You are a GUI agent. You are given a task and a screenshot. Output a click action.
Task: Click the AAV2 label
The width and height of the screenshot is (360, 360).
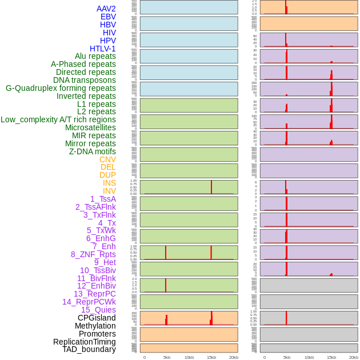coord(106,9)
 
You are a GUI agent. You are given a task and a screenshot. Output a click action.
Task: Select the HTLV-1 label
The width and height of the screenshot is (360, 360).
coord(102,49)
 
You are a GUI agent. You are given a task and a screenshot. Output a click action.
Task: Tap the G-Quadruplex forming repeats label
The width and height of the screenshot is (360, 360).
coord(61,88)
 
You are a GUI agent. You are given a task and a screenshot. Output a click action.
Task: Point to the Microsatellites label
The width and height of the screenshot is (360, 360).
coord(90,127)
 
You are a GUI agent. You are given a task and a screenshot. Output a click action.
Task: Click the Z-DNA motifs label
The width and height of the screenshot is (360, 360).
coord(92,151)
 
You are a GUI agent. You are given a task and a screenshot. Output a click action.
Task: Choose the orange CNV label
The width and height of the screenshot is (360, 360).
coord(107,159)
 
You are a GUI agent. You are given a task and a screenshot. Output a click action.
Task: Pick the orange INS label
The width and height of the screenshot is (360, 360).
coord(109,183)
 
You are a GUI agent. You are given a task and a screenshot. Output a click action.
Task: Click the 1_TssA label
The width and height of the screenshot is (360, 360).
coord(103,199)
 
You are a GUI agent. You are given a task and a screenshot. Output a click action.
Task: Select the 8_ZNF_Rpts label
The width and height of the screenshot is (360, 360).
coord(93,254)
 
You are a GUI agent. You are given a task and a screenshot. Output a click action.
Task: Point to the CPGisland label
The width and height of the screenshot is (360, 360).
coord(97,318)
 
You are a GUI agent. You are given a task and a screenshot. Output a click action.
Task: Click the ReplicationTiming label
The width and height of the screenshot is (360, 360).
coord(85,342)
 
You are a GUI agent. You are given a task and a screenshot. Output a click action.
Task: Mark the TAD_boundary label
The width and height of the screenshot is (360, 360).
coord(89,349)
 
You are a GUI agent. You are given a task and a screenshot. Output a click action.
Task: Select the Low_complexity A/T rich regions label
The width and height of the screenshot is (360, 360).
coord(58,119)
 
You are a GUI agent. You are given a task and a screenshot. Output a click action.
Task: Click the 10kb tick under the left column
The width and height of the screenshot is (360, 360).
coord(189,357)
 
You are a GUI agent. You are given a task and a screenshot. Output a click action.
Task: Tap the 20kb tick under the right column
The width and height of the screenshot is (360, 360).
coord(354,357)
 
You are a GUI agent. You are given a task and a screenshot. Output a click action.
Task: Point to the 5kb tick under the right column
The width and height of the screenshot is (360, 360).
coord(286,357)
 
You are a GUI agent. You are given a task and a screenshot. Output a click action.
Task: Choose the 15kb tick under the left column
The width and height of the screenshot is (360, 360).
coord(211,357)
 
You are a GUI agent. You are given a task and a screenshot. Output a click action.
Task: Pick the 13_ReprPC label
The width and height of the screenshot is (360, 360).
coord(94,294)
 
